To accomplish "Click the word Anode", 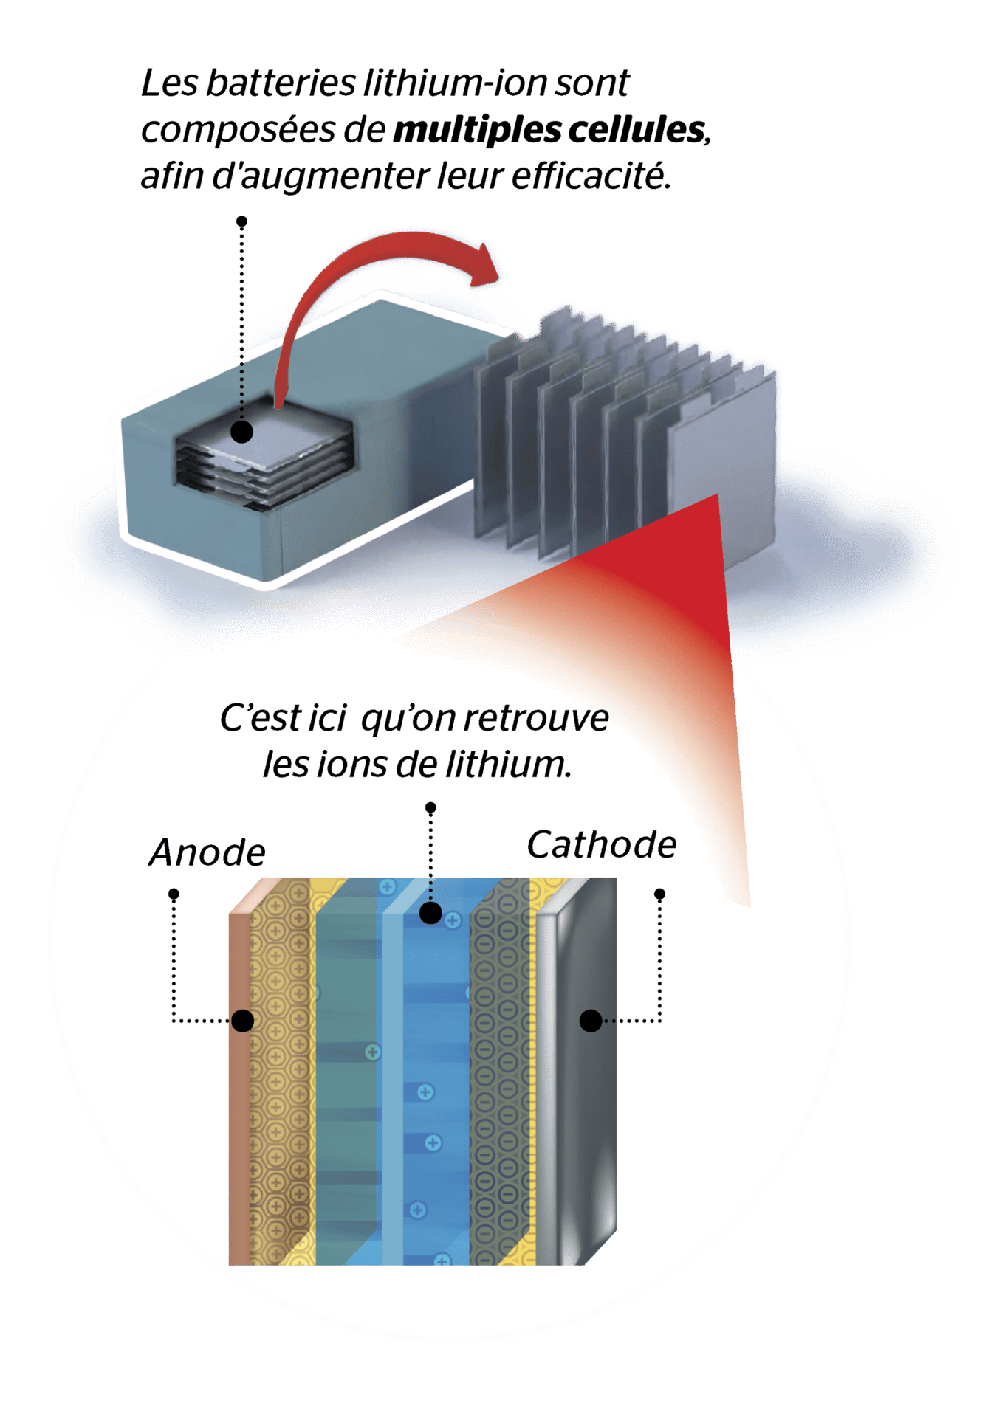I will pyautogui.click(x=207, y=853).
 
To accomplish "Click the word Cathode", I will pyautogui.click(x=601, y=845).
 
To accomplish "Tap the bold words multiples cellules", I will pyautogui.click(x=550, y=130).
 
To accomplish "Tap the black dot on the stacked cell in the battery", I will pyautogui.click(x=241, y=431).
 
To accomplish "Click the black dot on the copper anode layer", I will pyautogui.click(x=243, y=1021).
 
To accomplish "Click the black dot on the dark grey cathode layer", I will pyautogui.click(x=591, y=1021).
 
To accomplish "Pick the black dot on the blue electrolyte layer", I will pyautogui.click(x=430, y=913).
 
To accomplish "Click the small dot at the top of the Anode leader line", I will pyautogui.click(x=174, y=894).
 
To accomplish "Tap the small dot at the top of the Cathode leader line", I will pyautogui.click(x=660, y=894).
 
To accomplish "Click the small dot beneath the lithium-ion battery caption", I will pyautogui.click(x=241, y=221).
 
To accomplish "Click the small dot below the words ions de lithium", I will pyautogui.click(x=431, y=807).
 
